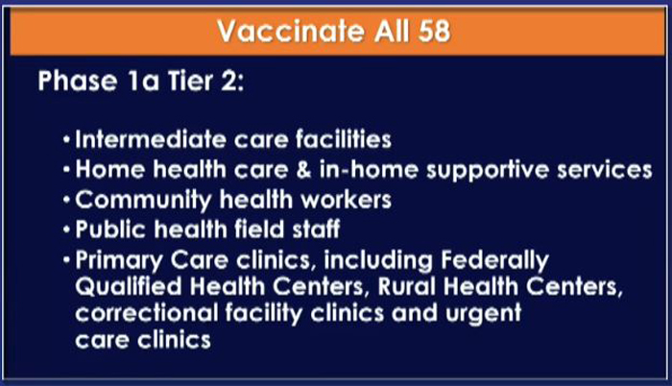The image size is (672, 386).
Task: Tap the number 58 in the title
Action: pos(434,31)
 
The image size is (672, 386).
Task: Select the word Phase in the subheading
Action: pos(78,81)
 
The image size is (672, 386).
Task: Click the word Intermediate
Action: pos(151,139)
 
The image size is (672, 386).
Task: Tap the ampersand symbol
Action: pos(303,169)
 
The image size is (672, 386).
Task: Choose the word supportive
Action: pos(488,170)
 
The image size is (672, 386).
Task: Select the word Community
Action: pos(144,201)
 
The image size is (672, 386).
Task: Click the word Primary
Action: pos(119,260)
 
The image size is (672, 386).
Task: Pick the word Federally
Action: pos(495,260)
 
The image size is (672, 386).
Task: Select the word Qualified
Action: pos(129,287)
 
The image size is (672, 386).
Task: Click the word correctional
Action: pos(147,313)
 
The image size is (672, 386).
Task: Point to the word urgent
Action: pos(484,314)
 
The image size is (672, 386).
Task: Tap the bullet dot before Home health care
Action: pos(66,170)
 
